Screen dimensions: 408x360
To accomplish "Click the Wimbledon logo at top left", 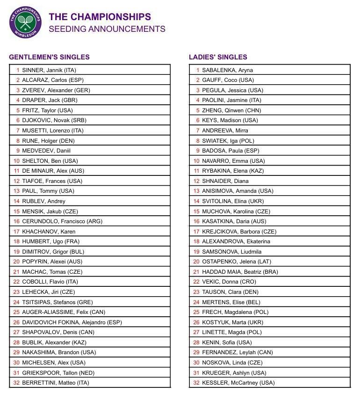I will [x=25, y=22].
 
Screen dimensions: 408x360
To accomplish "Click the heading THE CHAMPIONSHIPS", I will [x=100, y=17].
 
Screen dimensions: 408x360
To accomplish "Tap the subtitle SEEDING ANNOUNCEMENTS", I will [x=107, y=29].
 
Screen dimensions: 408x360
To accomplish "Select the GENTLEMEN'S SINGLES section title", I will [x=49, y=57].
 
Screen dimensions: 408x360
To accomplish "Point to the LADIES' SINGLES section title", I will [x=218, y=57].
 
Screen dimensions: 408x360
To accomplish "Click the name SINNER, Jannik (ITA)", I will [x=49, y=70].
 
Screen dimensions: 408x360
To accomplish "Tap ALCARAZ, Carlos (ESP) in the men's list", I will [x=53, y=80].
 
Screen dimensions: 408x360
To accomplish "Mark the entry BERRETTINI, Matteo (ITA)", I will [x=56, y=383].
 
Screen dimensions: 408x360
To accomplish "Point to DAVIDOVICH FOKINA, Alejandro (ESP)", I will [x=72, y=322].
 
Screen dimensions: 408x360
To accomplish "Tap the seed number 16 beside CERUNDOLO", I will [x=16, y=221].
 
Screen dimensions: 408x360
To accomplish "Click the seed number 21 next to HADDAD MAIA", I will [x=196, y=272].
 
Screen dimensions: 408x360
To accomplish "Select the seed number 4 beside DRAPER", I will [x=18, y=100].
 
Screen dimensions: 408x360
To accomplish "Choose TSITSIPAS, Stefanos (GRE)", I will [x=58, y=302].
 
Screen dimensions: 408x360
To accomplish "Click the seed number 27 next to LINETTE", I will [x=196, y=332].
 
